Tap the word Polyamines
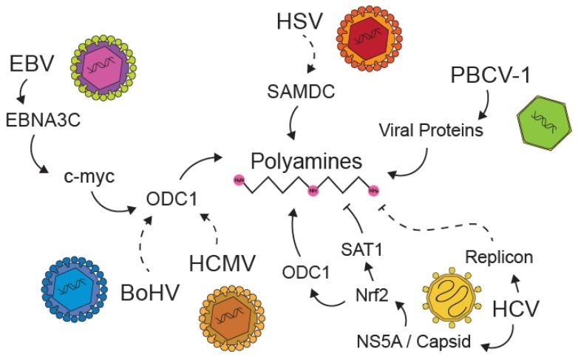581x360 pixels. point(306,161)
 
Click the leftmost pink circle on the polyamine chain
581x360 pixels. point(238,180)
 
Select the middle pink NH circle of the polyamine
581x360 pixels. point(313,189)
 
